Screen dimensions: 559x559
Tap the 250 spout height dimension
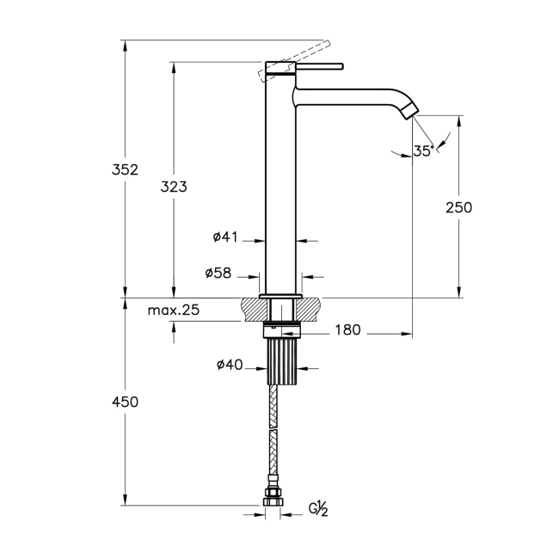coord(458,206)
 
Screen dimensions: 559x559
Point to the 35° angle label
coord(422,150)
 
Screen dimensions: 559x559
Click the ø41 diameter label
coord(224,236)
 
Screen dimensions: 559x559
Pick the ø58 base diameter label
coord(218,273)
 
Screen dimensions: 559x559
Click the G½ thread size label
coord(318,510)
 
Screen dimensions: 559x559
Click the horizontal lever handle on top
coord(318,65)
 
